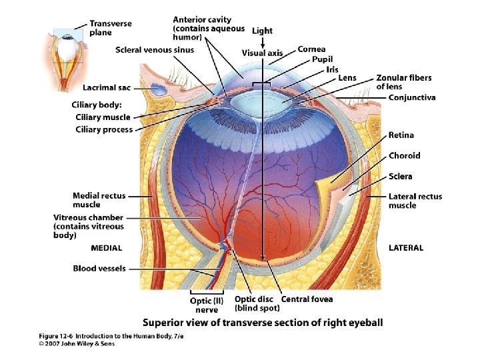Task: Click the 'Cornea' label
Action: [311, 49]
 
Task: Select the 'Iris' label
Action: [332, 69]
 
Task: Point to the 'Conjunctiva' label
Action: [412, 97]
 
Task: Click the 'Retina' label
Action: [401, 135]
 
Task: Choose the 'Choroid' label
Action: [405, 156]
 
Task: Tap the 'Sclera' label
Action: [401, 177]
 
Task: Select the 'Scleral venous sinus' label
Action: [155, 50]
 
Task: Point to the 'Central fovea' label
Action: [307, 299]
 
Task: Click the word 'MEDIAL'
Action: [107, 248]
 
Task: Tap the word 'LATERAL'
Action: [406, 248]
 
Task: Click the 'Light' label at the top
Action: [262, 31]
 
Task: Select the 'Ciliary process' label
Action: [104, 129]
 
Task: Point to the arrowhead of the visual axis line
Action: [264, 261]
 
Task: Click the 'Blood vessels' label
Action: [99, 269]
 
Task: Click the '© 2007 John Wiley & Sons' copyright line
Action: [77, 344]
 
